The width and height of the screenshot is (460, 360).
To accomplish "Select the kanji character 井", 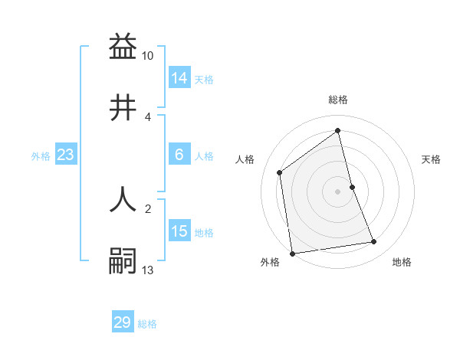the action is [123, 108].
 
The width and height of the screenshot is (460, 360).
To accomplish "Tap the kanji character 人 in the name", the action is [123, 198].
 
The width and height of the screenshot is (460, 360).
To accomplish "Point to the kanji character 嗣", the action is [123, 260].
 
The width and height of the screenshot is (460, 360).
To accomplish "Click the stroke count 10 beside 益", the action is [148, 56].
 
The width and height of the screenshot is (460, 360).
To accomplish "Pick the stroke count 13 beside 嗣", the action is [148, 270].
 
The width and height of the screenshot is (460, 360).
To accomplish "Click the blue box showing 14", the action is [179, 77].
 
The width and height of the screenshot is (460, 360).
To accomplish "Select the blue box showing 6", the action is [179, 155].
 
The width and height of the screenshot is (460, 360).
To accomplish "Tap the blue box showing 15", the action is [179, 231].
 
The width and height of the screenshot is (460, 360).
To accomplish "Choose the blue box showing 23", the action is [65, 155].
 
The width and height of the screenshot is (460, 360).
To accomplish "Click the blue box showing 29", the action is [123, 322].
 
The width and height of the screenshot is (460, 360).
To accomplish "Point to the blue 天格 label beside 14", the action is [204, 79].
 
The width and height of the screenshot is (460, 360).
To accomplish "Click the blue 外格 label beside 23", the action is [41, 156].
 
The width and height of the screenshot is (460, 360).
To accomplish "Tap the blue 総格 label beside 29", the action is [147, 324].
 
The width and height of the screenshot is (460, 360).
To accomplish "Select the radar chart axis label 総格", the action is [338, 100].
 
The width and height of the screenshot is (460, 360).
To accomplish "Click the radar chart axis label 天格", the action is [432, 159].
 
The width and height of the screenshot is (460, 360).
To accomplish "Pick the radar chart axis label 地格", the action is [402, 263].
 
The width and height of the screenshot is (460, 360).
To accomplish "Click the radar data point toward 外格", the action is [292, 253].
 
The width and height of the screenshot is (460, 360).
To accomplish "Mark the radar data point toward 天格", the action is [352, 186].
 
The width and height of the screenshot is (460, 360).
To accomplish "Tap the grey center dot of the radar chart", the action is [338, 191].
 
